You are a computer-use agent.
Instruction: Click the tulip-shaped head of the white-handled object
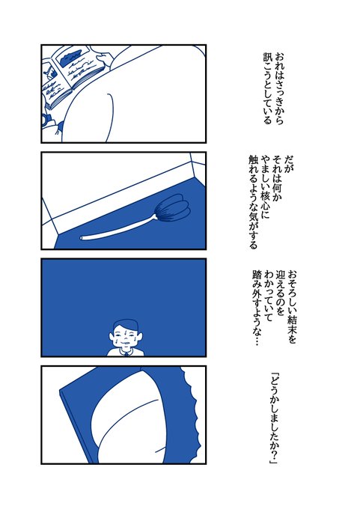(x=174, y=208)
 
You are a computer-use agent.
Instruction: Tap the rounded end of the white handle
(x=81, y=238)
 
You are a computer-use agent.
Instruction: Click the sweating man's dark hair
(x=125, y=323)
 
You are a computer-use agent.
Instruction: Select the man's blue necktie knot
(x=125, y=355)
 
